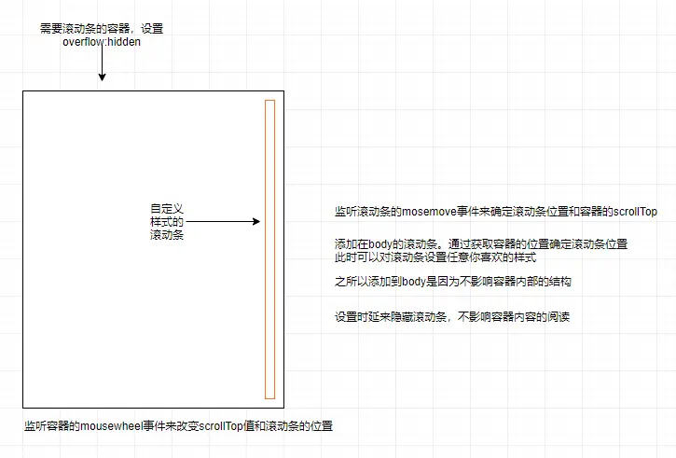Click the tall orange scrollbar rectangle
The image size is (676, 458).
[269, 248]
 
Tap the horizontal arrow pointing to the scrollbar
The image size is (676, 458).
[224, 222]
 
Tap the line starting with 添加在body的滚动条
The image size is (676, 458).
[480, 244]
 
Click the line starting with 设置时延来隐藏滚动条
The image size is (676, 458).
[451, 317]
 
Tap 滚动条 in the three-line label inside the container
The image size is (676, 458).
[167, 236]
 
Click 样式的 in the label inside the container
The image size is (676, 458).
[167, 222]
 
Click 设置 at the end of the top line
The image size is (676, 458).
[152, 29]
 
